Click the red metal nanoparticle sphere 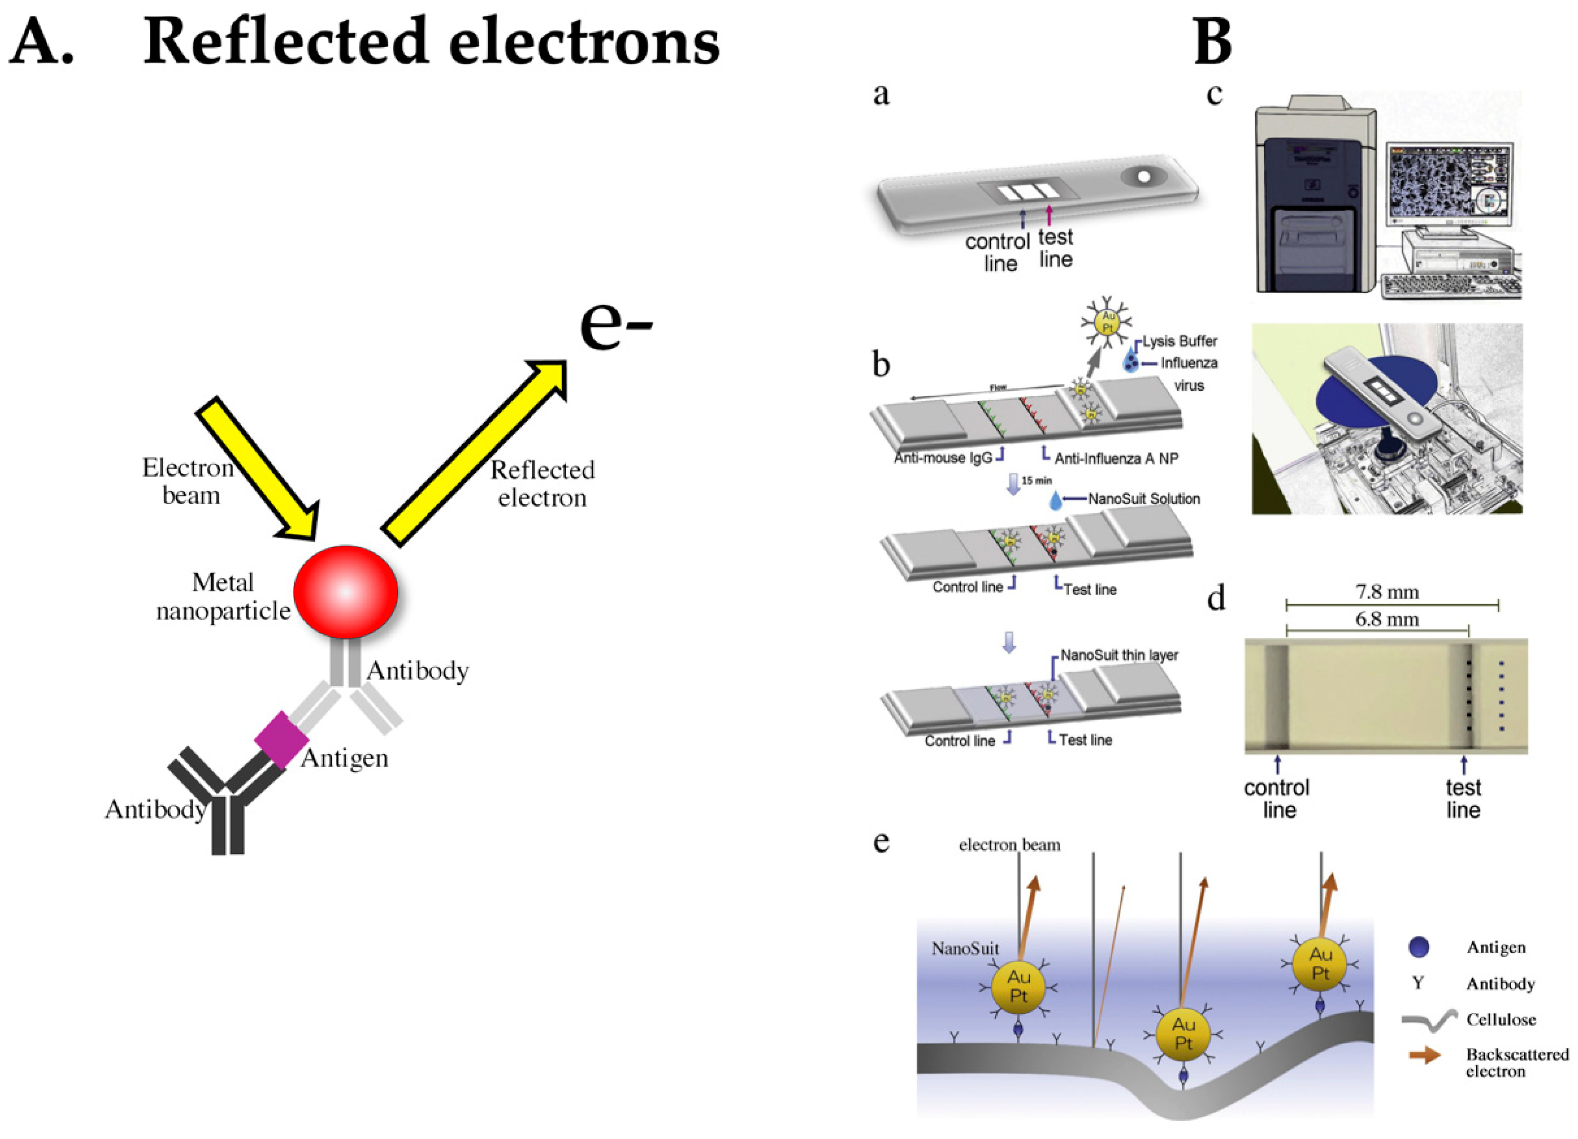tap(345, 592)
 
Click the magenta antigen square tap(281, 739)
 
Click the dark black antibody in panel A tap(223, 800)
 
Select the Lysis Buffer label tap(1179, 341)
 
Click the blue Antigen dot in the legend tap(1418, 946)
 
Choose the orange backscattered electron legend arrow tap(1423, 1055)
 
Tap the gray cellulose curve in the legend tap(1428, 1019)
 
